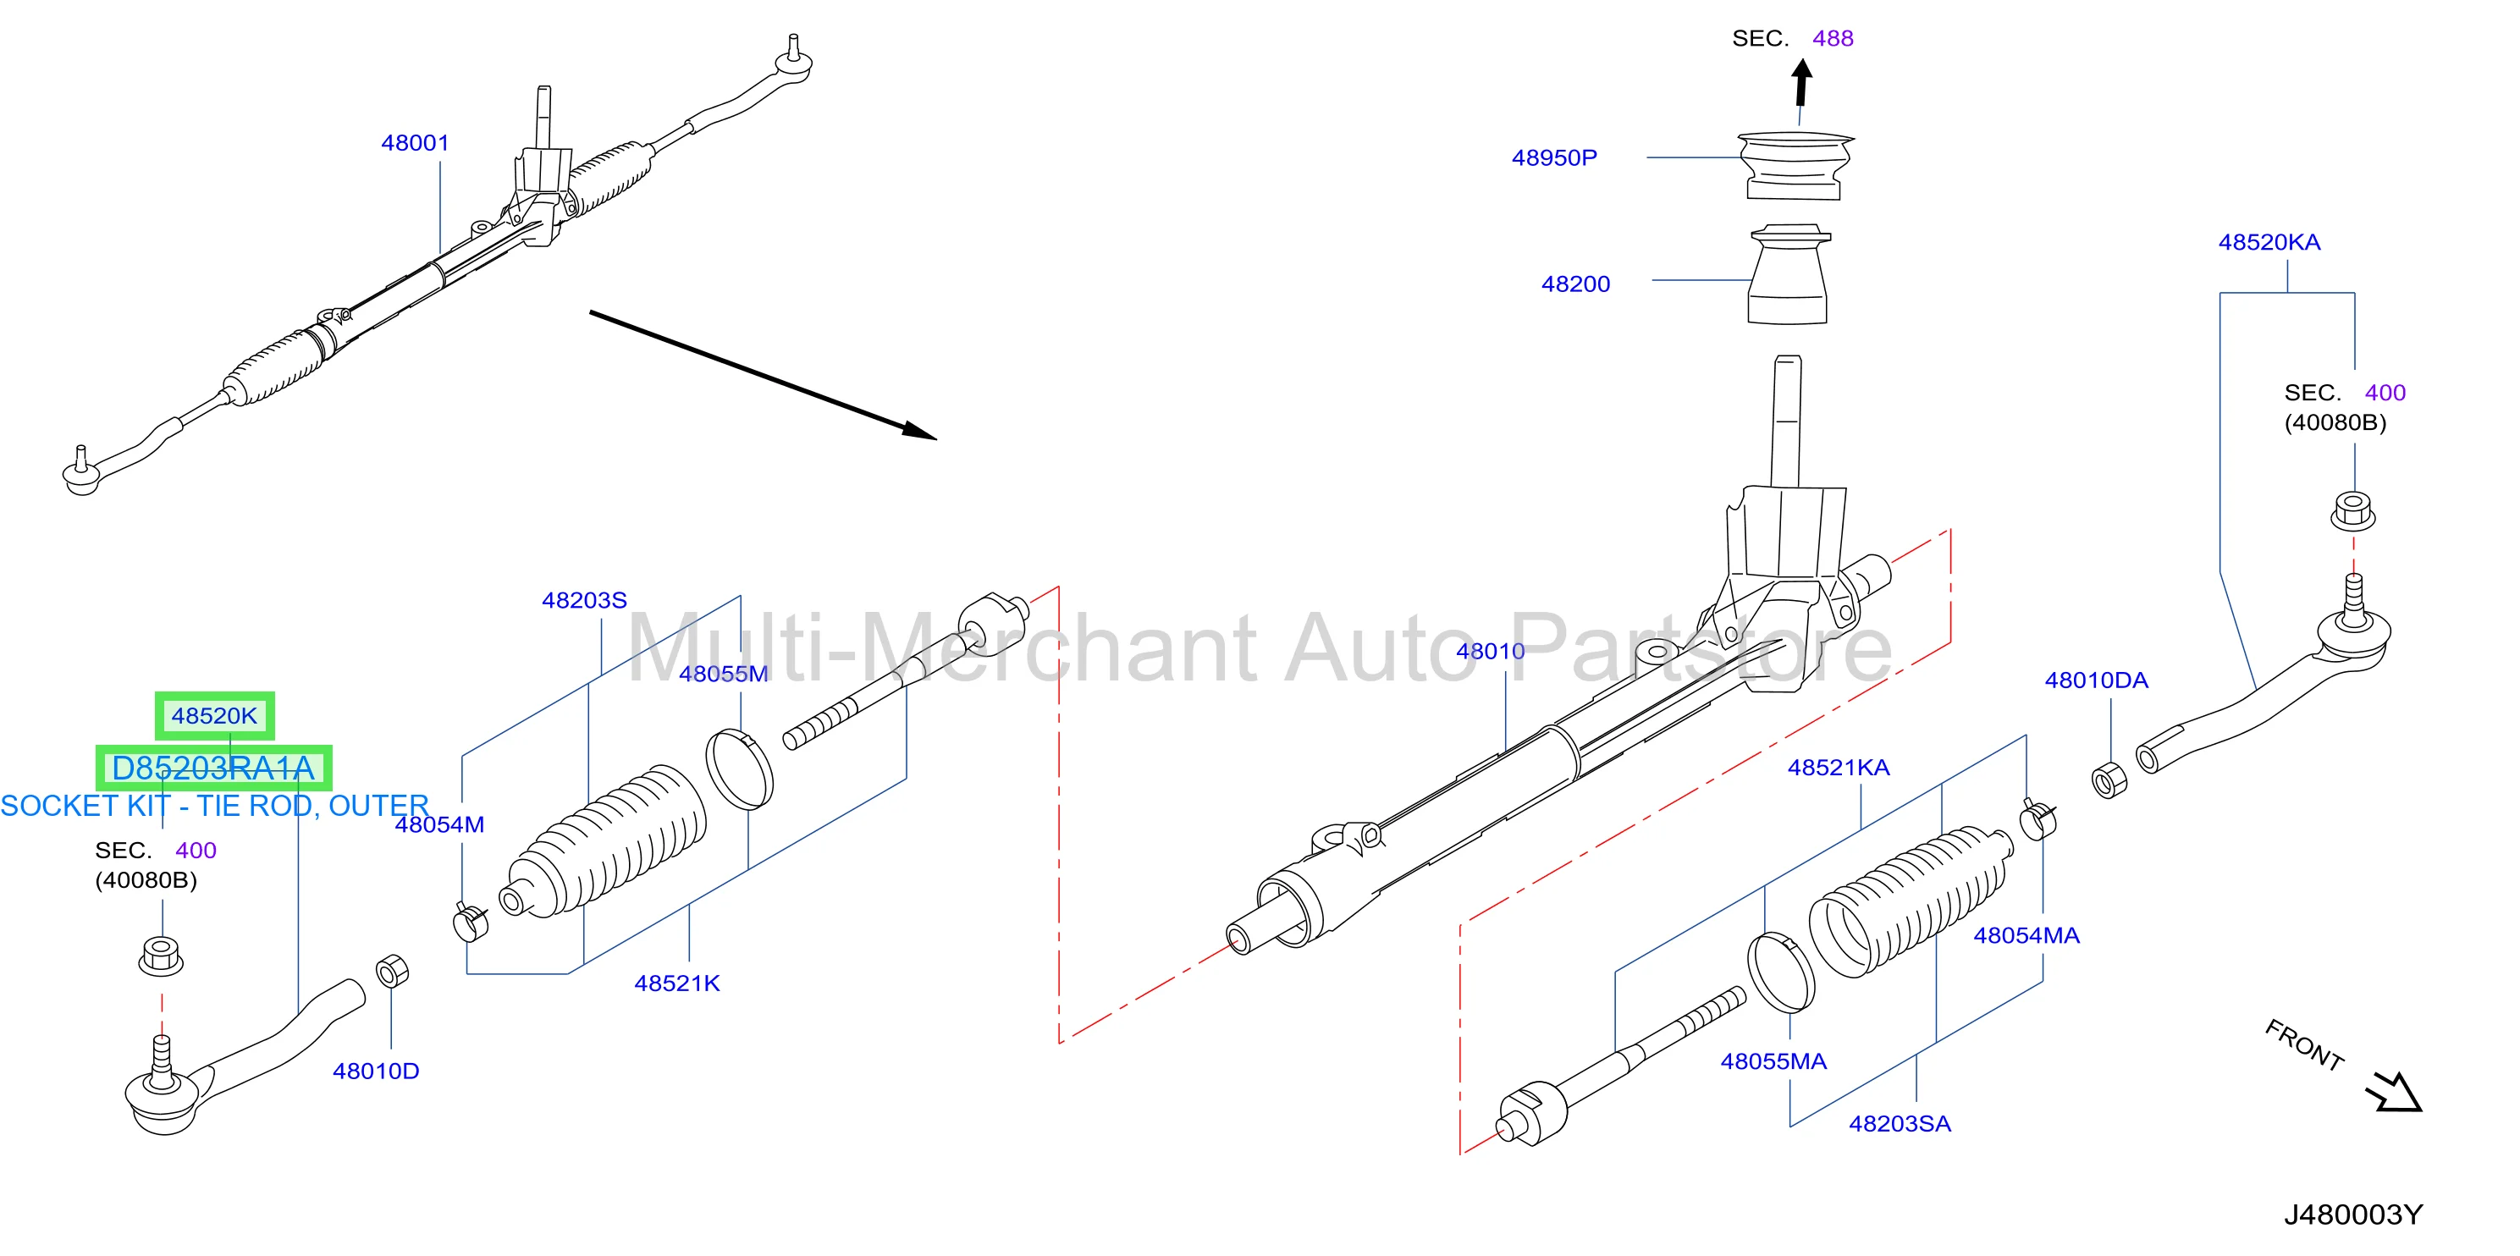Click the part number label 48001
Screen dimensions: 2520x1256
pyautogui.click(x=415, y=143)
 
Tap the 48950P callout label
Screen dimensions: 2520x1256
pyautogui.click(x=1553, y=157)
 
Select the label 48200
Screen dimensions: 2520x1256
pyautogui.click(x=1575, y=284)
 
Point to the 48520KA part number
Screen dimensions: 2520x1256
pyautogui.click(x=2269, y=241)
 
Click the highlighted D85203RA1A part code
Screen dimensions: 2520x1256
pyautogui.click(x=213, y=768)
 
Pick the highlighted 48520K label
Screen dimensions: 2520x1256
pyautogui.click(x=214, y=715)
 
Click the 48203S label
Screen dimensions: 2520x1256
pyautogui.click(x=584, y=599)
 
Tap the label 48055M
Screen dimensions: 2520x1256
pyautogui.click(x=723, y=673)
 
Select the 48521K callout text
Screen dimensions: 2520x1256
pyautogui.click(x=677, y=983)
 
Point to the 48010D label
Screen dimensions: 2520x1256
pyautogui.click(x=376, y=1071)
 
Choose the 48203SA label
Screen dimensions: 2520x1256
pyautogui.click(x=1899, y=1123)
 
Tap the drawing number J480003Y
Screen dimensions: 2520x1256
pyautogui.click(x=2352, y=1214)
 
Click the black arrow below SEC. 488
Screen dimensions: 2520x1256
pyautogui.click(x=1801, y=82)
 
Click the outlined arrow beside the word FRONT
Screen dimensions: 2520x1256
pyautogui.click(x=2394, y=1092)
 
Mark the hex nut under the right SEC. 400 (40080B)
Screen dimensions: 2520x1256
pyautogui.click(x=2352, y=511)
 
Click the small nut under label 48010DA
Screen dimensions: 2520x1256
pyautogui.click(x=2108, y=779)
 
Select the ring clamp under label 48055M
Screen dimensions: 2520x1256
pyautogui.click(x=740, y=768)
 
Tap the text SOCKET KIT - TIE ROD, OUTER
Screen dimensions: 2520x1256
pyautogui.click(x=214, y=806)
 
